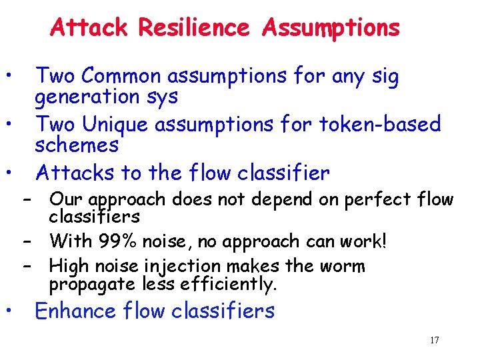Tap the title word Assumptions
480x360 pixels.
331,27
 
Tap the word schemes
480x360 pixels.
77,144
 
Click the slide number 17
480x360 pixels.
435,341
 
